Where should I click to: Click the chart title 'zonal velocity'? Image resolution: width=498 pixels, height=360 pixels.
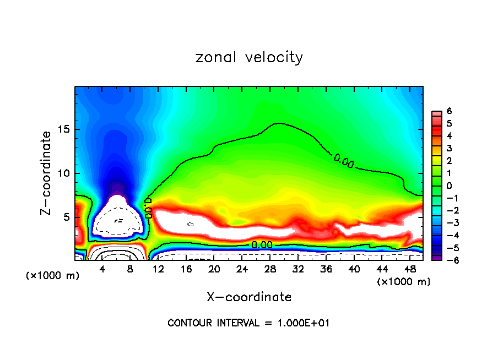point(249,57)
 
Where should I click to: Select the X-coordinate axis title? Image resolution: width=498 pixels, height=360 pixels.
point(249,297)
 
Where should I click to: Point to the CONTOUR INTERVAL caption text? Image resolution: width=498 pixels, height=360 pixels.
point(248,323)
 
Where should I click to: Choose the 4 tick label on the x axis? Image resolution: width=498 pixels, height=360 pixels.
point(102,270)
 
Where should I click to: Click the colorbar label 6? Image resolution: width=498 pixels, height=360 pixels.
point(449,111)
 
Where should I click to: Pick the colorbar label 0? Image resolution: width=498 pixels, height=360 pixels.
point(449,185)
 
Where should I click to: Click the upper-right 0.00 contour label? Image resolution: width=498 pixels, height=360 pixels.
point(344,161)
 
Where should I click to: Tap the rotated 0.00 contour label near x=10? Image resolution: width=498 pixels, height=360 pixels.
point(148,209)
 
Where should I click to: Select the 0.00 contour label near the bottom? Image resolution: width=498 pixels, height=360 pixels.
point(262,245)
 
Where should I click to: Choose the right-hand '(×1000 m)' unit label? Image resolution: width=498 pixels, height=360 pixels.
point(404,282)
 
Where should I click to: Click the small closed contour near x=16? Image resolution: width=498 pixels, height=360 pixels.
point(191,224)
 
